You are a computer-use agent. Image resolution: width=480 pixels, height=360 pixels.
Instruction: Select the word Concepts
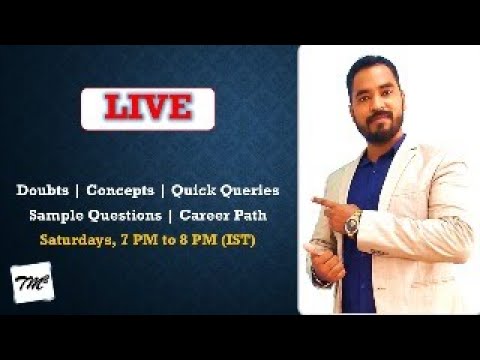[120, 190]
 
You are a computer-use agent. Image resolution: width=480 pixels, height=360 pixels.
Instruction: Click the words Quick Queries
[225, 190]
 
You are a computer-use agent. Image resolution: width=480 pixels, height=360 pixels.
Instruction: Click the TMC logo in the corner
[29, 281]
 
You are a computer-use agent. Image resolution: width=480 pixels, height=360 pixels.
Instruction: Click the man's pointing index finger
[317, 201]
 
